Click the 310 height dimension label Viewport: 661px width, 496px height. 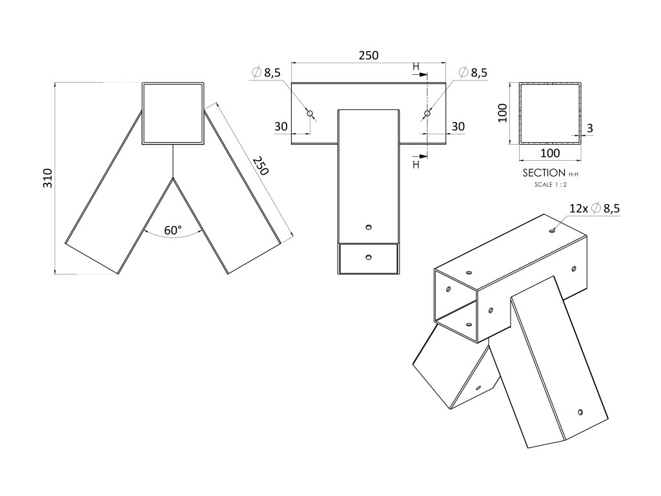point(47,178)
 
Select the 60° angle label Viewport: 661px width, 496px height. point(173,230)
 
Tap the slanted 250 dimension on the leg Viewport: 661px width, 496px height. point(259,165)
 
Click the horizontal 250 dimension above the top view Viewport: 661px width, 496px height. point(368,56)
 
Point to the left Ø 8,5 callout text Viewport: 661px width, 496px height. point(265,73)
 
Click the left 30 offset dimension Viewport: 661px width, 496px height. point(281,127)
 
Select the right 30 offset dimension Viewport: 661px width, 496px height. point(457,127)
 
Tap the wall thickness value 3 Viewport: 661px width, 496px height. point(590,129)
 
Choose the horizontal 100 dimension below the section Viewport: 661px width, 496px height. point(549,154)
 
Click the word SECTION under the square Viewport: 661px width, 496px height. point(544,173)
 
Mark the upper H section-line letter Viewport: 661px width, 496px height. point(416,66)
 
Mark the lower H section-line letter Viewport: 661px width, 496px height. point(416,165)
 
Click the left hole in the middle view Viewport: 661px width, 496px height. point(310,114)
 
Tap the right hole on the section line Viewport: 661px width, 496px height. point(427,114)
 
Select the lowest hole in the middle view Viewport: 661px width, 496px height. point(368,257)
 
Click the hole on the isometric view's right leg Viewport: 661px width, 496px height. point(581,411)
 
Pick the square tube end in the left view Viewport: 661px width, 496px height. point(173,114)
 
